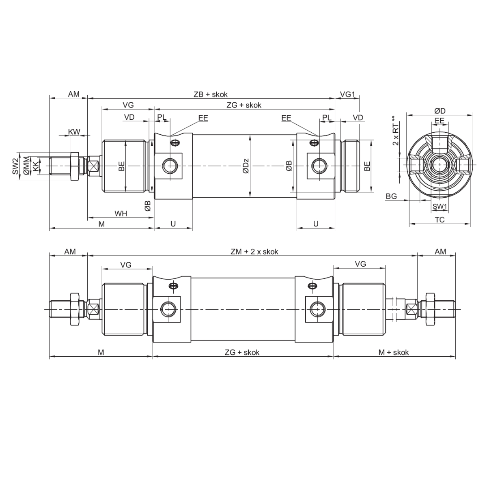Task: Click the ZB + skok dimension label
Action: click(x=210, y=95)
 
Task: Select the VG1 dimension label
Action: click(x=347, y=95)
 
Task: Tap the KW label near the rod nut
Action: click(x=74, y=131)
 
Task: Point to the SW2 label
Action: click(x=15, y=166)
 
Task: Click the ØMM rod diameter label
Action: click(x=26, y=166)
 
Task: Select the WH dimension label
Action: click(x=121, y=213)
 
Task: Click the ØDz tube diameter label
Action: click(x=246, y=166)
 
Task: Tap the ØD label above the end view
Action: click(x=440, y=111)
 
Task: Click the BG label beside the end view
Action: click(x=391, y=196)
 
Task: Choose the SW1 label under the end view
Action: click(x=440, y=206)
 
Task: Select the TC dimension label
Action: click(x=440, y=220)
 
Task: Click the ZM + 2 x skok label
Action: click(x=254, y=252)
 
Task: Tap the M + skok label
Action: click(x=394, y=352)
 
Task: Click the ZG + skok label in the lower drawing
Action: click(x=242, y=352)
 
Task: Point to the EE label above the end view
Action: click(x=440, y=121)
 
